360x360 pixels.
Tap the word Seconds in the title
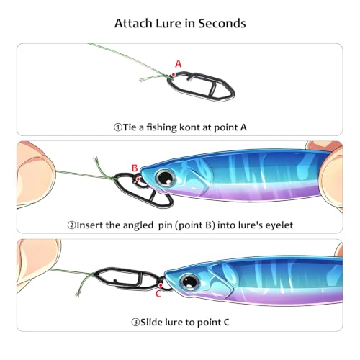click(222, 24)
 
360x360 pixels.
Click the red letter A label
click(179, 64)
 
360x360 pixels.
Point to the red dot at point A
click(174, 75)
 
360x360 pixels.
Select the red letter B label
click(135, 168)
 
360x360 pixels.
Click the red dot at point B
click(138, 179)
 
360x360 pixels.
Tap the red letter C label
click(158, 294)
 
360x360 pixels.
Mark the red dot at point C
click(161, 285)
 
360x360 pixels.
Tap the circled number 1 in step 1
click(118, 127)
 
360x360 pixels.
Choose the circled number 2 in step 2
click(71, 225)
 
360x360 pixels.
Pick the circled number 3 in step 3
click(135, 323)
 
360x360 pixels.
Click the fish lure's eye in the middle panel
click(166, 178)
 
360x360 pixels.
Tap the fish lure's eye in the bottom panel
click(190, 282)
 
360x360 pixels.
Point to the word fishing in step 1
click(161, 127)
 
